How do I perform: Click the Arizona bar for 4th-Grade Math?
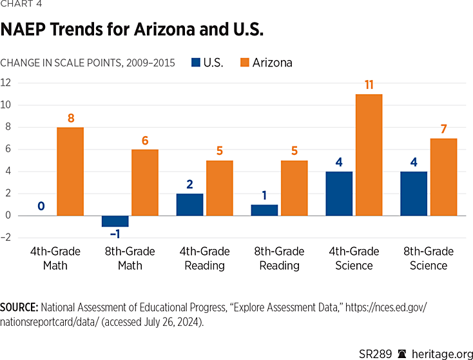pos(70,172)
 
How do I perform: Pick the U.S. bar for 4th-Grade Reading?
pos(189,205)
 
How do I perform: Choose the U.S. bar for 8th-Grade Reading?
pos(264,210)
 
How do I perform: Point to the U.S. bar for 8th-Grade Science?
pos(414,194)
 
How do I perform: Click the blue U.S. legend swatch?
pos(197,63)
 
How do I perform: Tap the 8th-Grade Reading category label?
pos(279,258)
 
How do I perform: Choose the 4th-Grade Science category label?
pos(354,258)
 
